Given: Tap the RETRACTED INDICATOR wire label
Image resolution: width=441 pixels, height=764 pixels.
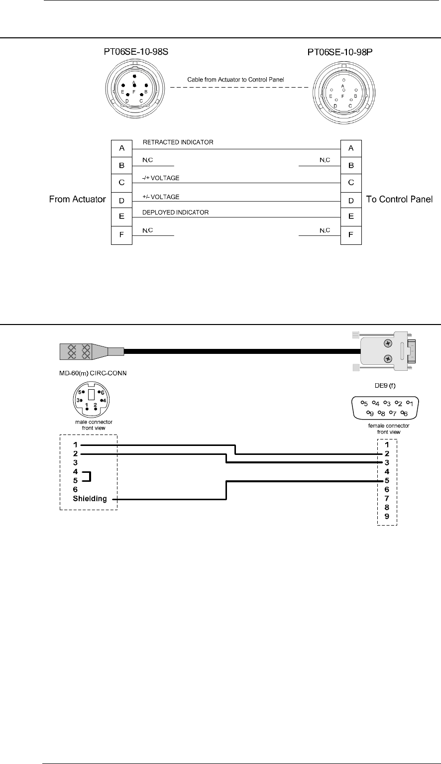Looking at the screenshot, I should click(178, 142).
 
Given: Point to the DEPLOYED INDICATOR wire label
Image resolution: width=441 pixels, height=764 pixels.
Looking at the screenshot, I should click(176, 213).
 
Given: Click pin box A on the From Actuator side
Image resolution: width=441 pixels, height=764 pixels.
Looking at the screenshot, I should click(121, 148).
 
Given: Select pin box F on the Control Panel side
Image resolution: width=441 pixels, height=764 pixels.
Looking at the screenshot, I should click(351, 235).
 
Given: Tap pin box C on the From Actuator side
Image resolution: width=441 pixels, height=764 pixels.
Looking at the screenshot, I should click(121, 183).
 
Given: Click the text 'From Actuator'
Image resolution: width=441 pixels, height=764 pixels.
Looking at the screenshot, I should click(77, 200).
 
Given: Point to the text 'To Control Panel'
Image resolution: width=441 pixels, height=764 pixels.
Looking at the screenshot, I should click(399, 200).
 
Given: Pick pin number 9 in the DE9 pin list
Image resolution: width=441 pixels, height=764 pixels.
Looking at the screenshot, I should click(386, 517).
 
